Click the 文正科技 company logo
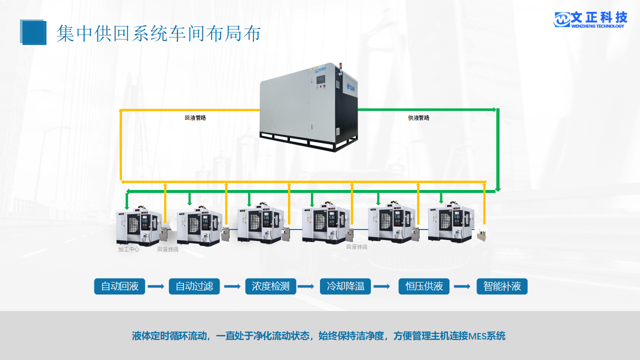(x=590, y=19)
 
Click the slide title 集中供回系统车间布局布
(x=158, y=33)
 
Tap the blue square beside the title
(x=33, y=32)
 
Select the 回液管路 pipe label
(x=195, y=118)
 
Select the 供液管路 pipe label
(x=418, y=118)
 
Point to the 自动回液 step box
(x=119, y=286)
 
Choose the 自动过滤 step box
(x=194, y=286)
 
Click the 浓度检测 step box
(x=270, y=286)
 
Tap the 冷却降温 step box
(x=345, y=286)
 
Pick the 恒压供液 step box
(x=424, y=286)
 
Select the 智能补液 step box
(x=502, y=286)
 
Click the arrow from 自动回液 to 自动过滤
(x=156, y=286)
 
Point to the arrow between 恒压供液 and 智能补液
(x=462, y=286)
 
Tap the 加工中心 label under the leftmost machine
(x=128, y=249)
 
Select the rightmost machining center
(x=450, y=224)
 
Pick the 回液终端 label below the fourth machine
(x=356, y=246)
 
